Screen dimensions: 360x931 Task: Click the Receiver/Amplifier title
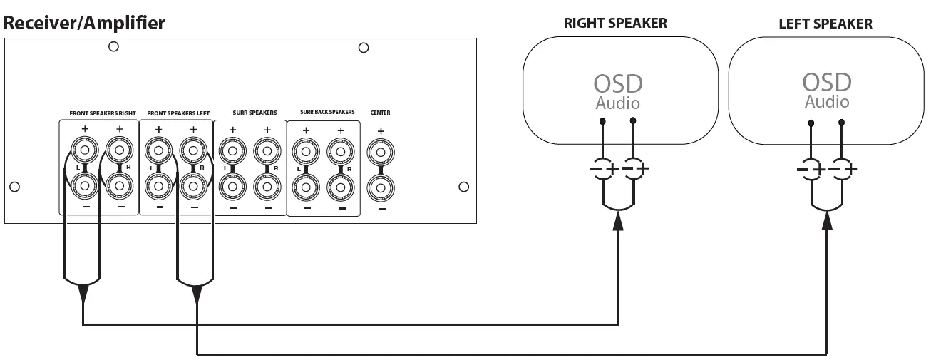(84, 23)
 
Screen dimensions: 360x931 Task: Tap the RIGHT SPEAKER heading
(615, 23)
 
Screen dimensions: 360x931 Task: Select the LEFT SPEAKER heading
(825, 24)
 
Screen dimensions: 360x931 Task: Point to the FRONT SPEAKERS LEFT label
(178, 113)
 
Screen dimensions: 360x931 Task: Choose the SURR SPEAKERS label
(254, 113)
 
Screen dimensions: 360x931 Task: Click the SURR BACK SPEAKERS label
(327, 113)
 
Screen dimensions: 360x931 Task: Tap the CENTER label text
(380, 113)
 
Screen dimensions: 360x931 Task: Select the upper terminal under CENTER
(380, 153)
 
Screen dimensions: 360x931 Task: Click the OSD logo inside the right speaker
(617, 83)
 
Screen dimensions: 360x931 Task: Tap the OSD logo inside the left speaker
(827, 82)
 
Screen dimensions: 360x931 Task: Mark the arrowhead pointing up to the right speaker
(618, 223)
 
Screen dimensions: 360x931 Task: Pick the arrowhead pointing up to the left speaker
(827, 223)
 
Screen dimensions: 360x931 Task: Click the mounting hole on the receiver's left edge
(14, 187)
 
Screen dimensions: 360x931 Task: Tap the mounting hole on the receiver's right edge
(464, 187)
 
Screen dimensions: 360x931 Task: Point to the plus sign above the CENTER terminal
(380, 131)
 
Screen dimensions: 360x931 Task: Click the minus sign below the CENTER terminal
(381, 209)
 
